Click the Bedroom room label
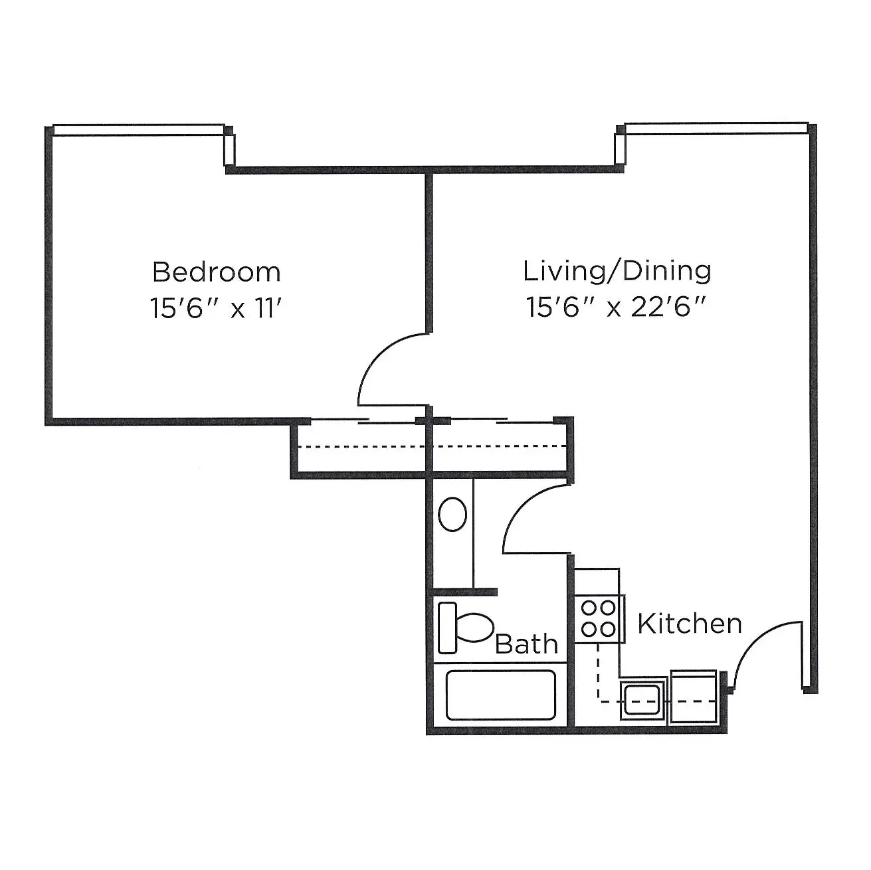pyautogui.click(x=216, y=272)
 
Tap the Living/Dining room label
pyautogui.click(x=617, y=271)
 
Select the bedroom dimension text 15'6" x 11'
pyautogui.click(x=216, y=309)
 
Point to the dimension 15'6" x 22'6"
pyautogui.click(x=616, y=308)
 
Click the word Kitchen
pyautogui.click(x=690, y=624)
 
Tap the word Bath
pyautogui.click(x=527, y=644)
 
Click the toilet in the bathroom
pyautogui.click(x=466, y=628)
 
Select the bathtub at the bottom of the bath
pyautogui.click(x=501, y=695)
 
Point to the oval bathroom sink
pyautogui.click(x=452, y=514)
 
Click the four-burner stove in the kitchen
pyautogui.click(x=599, y=619)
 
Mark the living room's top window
pyautogui.click(x=716, y=128)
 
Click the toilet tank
pyautogui.click(x=448, y=628)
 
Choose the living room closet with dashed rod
pyautogui.click(x=500, y=448)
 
